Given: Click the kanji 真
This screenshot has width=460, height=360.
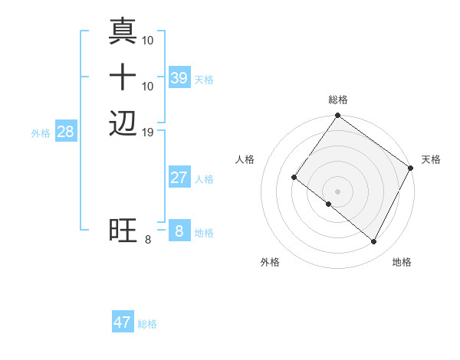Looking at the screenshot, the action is (123, 31).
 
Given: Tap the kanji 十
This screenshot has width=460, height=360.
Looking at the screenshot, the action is (123, 77).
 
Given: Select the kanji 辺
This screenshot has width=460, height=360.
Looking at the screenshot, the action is (123, 123).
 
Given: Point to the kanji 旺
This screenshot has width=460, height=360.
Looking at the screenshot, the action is (123, 231).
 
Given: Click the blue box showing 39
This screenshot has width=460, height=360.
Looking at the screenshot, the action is (179, 78).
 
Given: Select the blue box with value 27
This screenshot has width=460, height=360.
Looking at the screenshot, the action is (179, 178).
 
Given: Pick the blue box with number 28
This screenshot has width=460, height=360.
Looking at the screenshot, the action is (66, 132).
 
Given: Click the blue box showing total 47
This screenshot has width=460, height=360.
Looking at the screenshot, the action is (123, 322).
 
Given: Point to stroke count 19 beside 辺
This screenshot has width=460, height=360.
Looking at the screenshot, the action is (149, 132).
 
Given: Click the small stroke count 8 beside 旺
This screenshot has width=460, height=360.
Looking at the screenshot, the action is (148, 240).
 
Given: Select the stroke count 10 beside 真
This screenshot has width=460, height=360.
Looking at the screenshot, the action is (149, 40).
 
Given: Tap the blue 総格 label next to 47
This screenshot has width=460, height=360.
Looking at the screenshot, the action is (147, 324).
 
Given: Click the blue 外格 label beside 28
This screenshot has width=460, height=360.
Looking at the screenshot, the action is (41, 133).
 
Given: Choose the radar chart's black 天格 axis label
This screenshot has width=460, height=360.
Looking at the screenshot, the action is (431, 159).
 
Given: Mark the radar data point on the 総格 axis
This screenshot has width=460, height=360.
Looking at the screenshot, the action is (337, 116).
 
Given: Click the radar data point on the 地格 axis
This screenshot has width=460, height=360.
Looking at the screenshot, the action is (374, 242).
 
